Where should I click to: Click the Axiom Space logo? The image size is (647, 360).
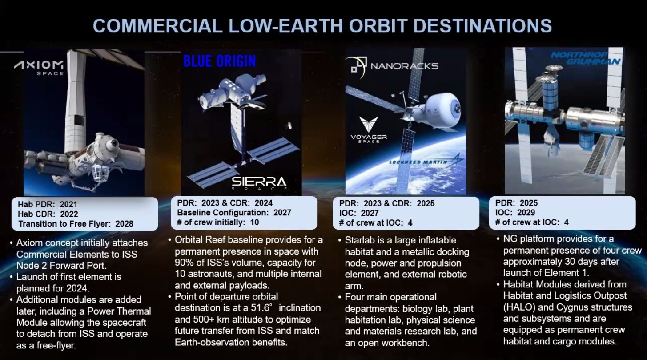[39, 68]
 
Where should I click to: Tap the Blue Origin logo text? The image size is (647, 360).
[220, 61]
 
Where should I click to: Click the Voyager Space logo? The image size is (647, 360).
[369, 130]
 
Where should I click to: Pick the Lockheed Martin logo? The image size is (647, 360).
[426, 161]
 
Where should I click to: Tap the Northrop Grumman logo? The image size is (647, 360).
[586, 58]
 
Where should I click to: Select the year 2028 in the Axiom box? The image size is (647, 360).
[124, 224]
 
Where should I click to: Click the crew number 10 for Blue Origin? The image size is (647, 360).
[254, 222]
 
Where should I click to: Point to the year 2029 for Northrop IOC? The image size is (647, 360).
[526, 213]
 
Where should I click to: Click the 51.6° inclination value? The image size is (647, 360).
[261, 307]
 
